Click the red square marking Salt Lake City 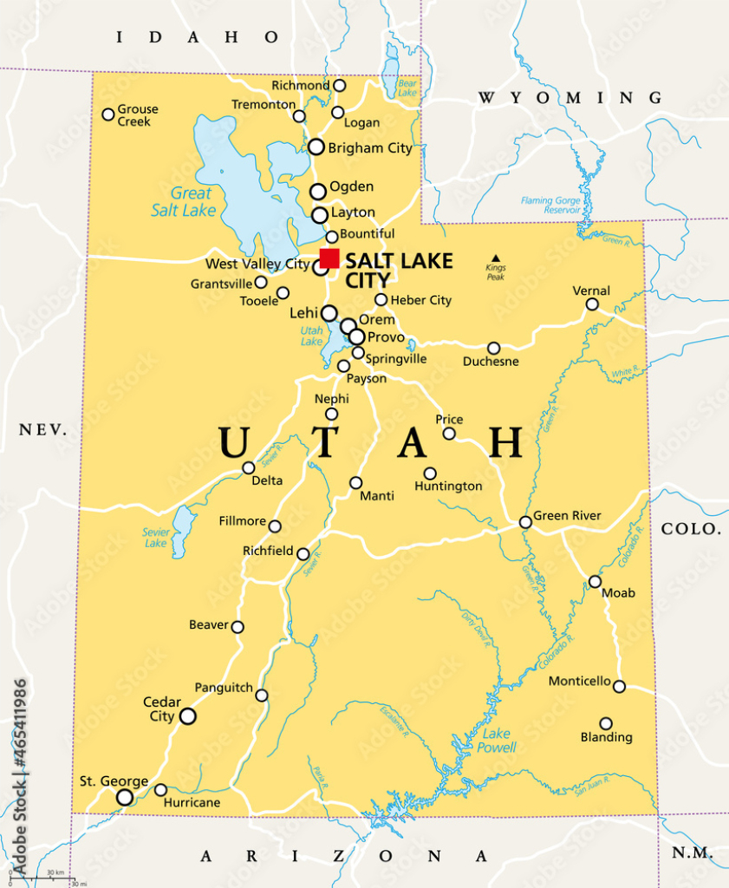click(x=329, y=258)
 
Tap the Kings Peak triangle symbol click(x=496, y=258)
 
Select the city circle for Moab click(x=595, y=582)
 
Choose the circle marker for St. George click(x=125, y=797)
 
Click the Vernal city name click(x=591, y=291)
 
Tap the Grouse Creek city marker click(x=108, y=114)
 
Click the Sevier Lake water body click(x=183, y=530)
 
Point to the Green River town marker click(x=525, y=522)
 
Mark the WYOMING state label click(x=570, y=97)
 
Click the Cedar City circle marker click(x=187, y=716)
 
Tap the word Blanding click(x=607, y=737)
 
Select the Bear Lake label click(x=407, y=87)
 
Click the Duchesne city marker click(x=493, y=348)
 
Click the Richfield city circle click(x=303, y=554)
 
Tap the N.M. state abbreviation click(x=693, y=853)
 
